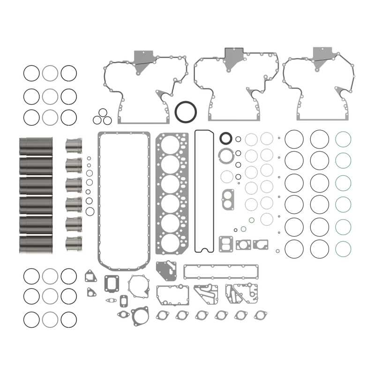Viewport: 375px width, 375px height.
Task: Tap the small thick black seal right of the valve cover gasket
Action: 226,138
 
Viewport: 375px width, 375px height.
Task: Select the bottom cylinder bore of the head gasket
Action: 171,243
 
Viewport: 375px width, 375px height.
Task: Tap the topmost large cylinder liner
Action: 36,146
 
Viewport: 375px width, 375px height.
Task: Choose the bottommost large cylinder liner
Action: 36,244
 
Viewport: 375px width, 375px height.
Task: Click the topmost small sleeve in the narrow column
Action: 74,146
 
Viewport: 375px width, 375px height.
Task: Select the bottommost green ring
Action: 343,249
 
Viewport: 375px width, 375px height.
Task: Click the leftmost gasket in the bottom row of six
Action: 163,315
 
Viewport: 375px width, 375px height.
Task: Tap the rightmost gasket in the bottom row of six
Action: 261,315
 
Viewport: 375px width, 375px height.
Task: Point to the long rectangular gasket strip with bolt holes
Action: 220,271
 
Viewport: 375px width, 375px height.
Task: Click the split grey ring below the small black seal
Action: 226,155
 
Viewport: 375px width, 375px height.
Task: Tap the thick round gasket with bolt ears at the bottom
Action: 140,316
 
